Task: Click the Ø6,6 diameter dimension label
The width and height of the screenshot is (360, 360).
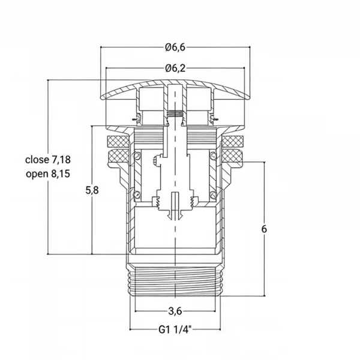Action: point(175,47)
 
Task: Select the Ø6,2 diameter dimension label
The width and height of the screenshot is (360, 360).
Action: point(175,68)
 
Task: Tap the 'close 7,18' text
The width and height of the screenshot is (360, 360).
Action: point(48,160)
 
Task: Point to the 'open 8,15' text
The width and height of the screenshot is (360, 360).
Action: point(48,174)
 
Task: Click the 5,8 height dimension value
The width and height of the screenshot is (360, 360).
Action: point(92,190)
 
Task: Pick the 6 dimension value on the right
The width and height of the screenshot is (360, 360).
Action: point(264,229)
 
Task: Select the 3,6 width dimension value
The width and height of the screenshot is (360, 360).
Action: point(175,311)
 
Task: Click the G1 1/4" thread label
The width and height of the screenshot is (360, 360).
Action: point(175,330)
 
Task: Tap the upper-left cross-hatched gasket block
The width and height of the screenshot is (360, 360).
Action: point(118,142)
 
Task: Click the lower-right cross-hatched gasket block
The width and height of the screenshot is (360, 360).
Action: point(232,155)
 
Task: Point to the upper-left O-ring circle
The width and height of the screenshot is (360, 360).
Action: point(137,156)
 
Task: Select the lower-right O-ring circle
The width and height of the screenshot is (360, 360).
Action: point(213,194)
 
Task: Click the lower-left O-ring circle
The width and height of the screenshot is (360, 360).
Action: point(137,194)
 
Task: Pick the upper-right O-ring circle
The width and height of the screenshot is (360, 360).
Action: point(213,156)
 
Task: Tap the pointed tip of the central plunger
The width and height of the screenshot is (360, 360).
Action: point(175,219)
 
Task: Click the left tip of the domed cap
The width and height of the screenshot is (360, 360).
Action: point(101,98)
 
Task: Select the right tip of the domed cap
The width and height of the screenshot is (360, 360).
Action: point(249,98)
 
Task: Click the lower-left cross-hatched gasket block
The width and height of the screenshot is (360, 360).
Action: point(119,156)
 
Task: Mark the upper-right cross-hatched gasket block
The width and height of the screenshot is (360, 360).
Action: point(232,142)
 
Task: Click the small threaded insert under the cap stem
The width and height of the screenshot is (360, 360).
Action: point(175,113)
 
